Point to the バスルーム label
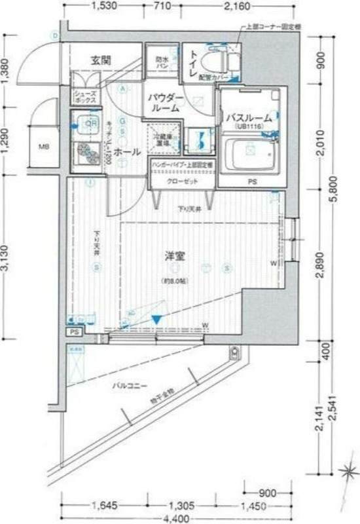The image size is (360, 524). pyautogui.click(x=249, y=118)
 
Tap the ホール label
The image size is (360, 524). pyautogui.click(x=126, y=152)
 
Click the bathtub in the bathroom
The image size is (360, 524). pyautogui.click(x=251, y=153)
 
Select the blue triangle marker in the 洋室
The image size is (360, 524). pyautogui.click(x=156, y=318)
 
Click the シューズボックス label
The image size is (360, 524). pyautogui.click(x=85, y=98)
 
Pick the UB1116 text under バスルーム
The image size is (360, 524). pyautogui.click(x=249, y=128)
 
